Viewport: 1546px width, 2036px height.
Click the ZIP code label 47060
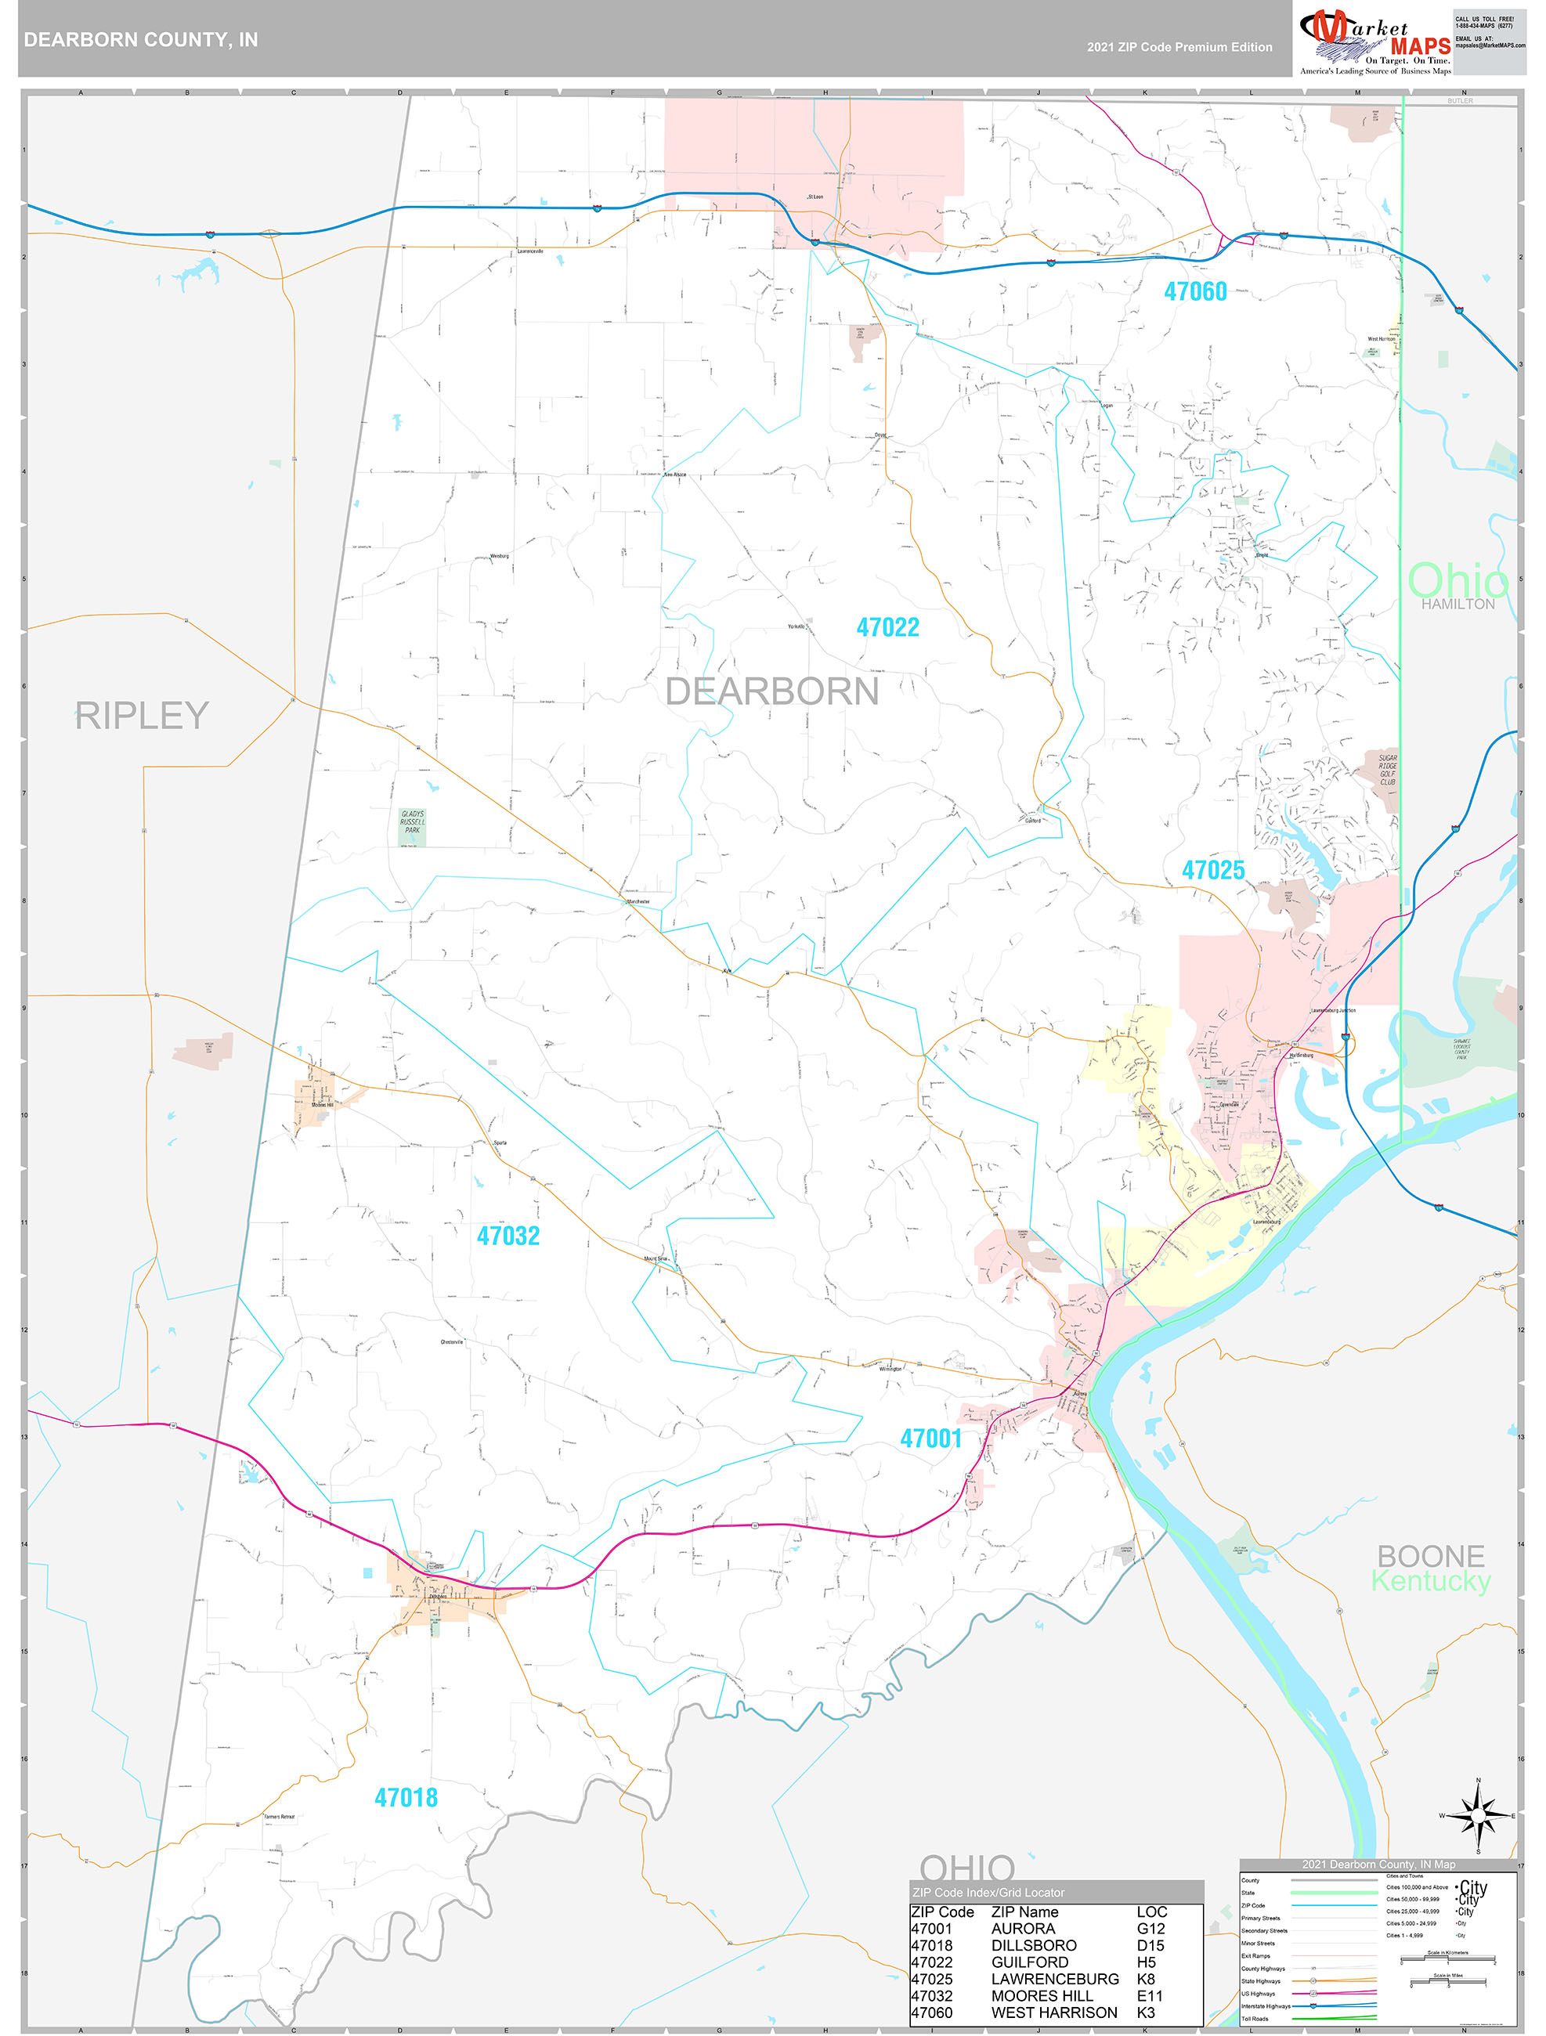1194,292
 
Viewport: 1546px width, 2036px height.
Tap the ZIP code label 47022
887,628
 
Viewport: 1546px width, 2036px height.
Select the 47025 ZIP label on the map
1212,870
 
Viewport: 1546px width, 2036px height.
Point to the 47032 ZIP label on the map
508,1236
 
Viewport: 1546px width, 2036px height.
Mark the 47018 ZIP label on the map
406,1798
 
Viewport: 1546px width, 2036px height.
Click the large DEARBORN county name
771,692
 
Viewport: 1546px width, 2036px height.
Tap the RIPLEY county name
142,716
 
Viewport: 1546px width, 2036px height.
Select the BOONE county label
1430,1557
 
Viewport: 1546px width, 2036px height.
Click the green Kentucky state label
1430,1581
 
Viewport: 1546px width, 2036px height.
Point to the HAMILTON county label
1458,604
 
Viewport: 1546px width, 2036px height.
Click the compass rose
1478,1816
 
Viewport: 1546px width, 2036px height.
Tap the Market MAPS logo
1374,42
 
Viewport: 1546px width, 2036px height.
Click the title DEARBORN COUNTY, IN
141,40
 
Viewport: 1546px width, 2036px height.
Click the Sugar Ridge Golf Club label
1387,771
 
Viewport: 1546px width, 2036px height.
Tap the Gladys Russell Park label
413,822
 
